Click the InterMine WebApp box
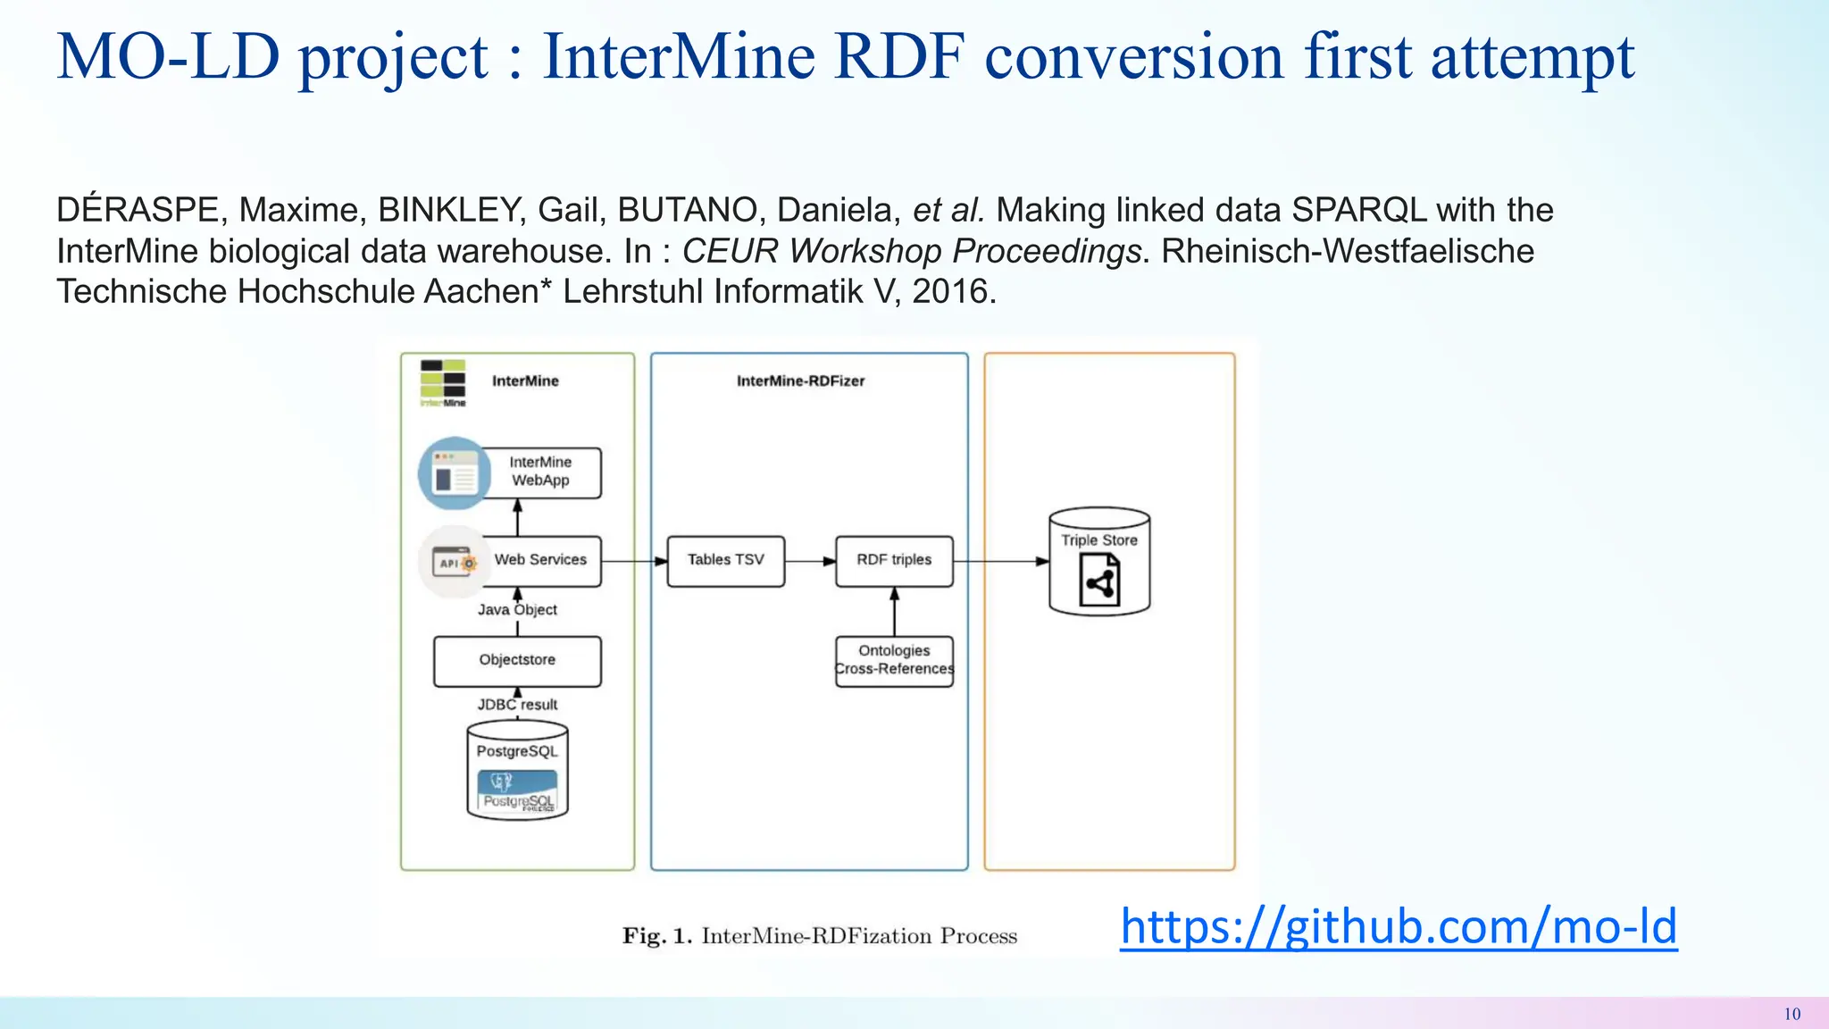pos(541,472)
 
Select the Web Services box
pos(541,560)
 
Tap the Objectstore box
pos(517,660)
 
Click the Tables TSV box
pos(725,560)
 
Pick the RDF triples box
pos(894,560)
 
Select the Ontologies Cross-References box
pos(894,660)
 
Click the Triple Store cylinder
pos(1099,563)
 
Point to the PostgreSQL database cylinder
pos(517,771)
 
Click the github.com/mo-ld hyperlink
pos(1399,926)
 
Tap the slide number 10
pos(1791,1014)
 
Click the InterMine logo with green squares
pos(443,382)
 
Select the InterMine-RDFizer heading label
pos(800,381)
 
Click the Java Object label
pos(517,610)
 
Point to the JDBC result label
pos(517,705)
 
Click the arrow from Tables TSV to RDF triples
pos(810,561)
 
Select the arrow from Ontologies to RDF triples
pos(894,611)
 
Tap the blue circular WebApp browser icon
pos(455,473)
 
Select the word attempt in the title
pos(1533,56)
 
